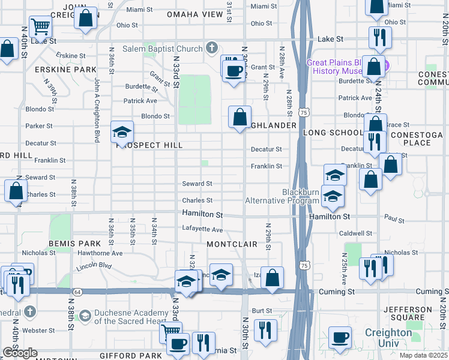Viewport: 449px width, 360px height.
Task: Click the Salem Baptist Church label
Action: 162,49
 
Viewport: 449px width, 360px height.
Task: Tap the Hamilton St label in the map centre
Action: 202,214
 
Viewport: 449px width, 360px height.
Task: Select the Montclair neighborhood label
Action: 232,244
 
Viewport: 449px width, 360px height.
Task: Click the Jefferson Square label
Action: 409,314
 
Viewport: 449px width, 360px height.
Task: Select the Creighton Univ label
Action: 388,337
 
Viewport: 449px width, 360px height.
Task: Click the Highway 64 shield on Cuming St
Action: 77,292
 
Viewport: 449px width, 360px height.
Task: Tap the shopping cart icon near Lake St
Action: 40,26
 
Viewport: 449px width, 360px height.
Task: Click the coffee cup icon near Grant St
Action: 234,71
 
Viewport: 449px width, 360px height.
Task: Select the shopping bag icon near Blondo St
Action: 240,116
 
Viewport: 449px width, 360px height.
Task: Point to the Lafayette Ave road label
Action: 202,230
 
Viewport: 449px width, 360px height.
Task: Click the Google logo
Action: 19,353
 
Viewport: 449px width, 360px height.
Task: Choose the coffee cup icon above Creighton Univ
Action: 341,337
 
